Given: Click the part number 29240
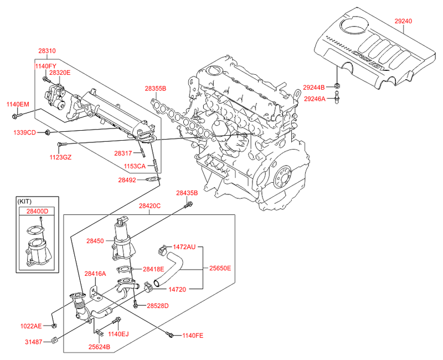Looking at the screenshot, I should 403,21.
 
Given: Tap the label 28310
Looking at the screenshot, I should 47,51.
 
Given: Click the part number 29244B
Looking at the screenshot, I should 315,87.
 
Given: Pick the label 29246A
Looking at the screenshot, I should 315,99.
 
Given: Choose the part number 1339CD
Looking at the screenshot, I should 25,132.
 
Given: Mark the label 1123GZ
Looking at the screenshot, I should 60,157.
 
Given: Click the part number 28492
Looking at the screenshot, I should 127,179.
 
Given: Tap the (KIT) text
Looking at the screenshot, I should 25,201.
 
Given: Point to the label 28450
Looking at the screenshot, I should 96,241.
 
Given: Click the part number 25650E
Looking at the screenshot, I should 219,268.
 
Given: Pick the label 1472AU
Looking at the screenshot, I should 184,246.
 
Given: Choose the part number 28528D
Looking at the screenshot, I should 157,306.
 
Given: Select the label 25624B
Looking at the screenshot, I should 100,347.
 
